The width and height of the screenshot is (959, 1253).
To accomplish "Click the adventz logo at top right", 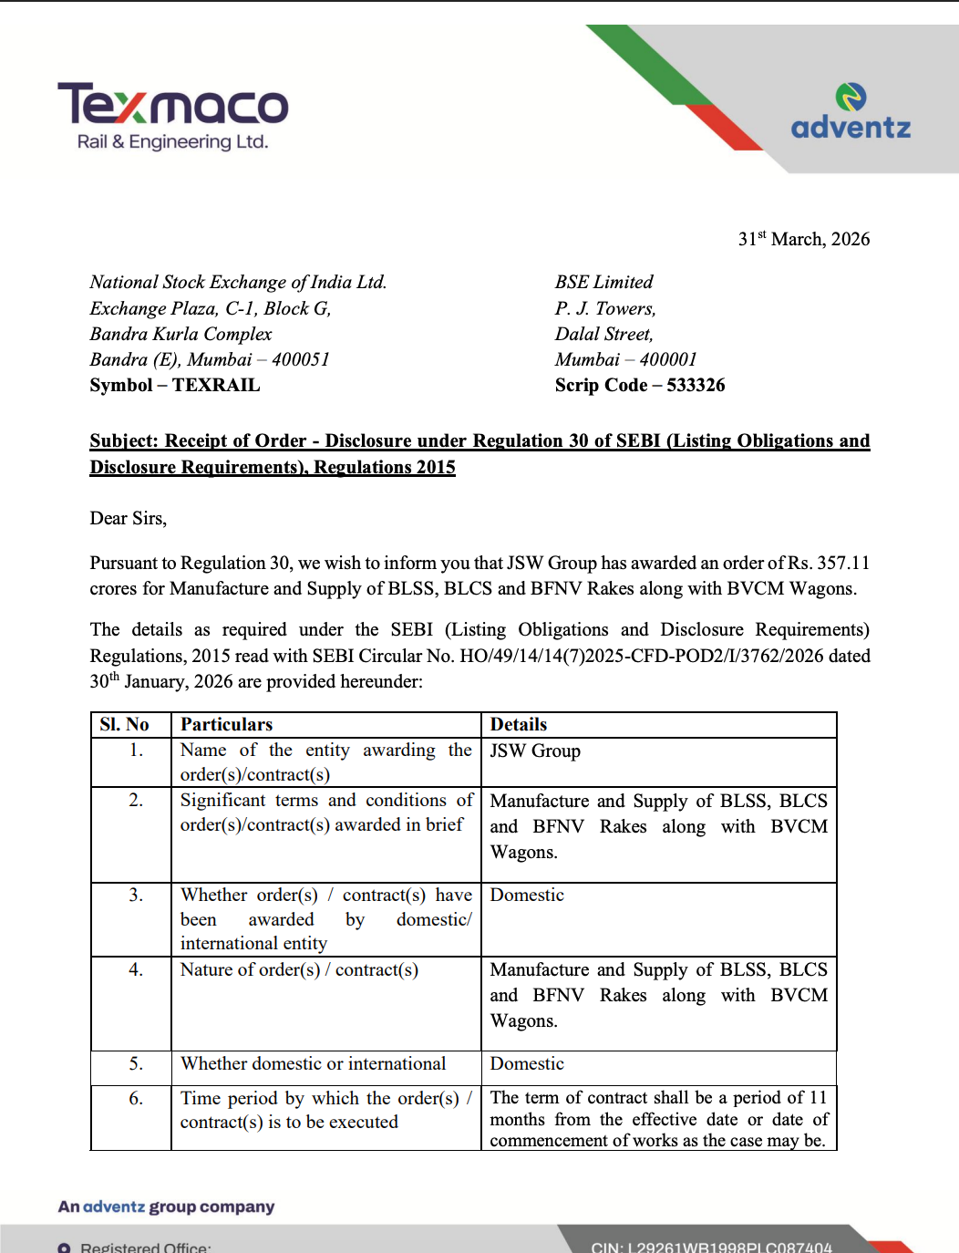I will tap(851, 113).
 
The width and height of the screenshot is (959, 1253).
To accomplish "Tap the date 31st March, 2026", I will tap(803, 239).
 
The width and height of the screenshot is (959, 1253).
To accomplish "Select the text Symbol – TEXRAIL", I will tap(174, 385).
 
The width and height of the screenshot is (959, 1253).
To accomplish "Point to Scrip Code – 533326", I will tap(639, 385).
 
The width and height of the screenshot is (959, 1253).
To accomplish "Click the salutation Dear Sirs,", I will tap(128, 518).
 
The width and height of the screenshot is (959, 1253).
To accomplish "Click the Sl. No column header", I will tap(124, 724).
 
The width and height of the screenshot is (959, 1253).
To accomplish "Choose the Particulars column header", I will tap(226, 724).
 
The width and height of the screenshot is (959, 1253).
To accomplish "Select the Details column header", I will tap(518, 724).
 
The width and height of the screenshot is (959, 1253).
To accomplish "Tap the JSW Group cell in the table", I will tap(534, 751).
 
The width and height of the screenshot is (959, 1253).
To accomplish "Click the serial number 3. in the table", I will tap(136, 895).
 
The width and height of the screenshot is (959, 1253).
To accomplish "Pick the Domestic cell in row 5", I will tap(526, 1063).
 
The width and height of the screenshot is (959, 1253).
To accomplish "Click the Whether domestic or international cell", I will tap(313, 1063).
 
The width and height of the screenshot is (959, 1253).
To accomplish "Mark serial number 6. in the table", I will tap(136, 1098).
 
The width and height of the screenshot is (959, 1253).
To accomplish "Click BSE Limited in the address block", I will tap(603, 282).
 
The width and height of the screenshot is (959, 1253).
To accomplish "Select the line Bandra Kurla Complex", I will tap(180, 334).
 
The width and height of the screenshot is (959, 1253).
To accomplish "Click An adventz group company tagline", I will tap(166, 1206).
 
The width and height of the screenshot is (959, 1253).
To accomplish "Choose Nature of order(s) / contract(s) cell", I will tap(299, 969).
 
